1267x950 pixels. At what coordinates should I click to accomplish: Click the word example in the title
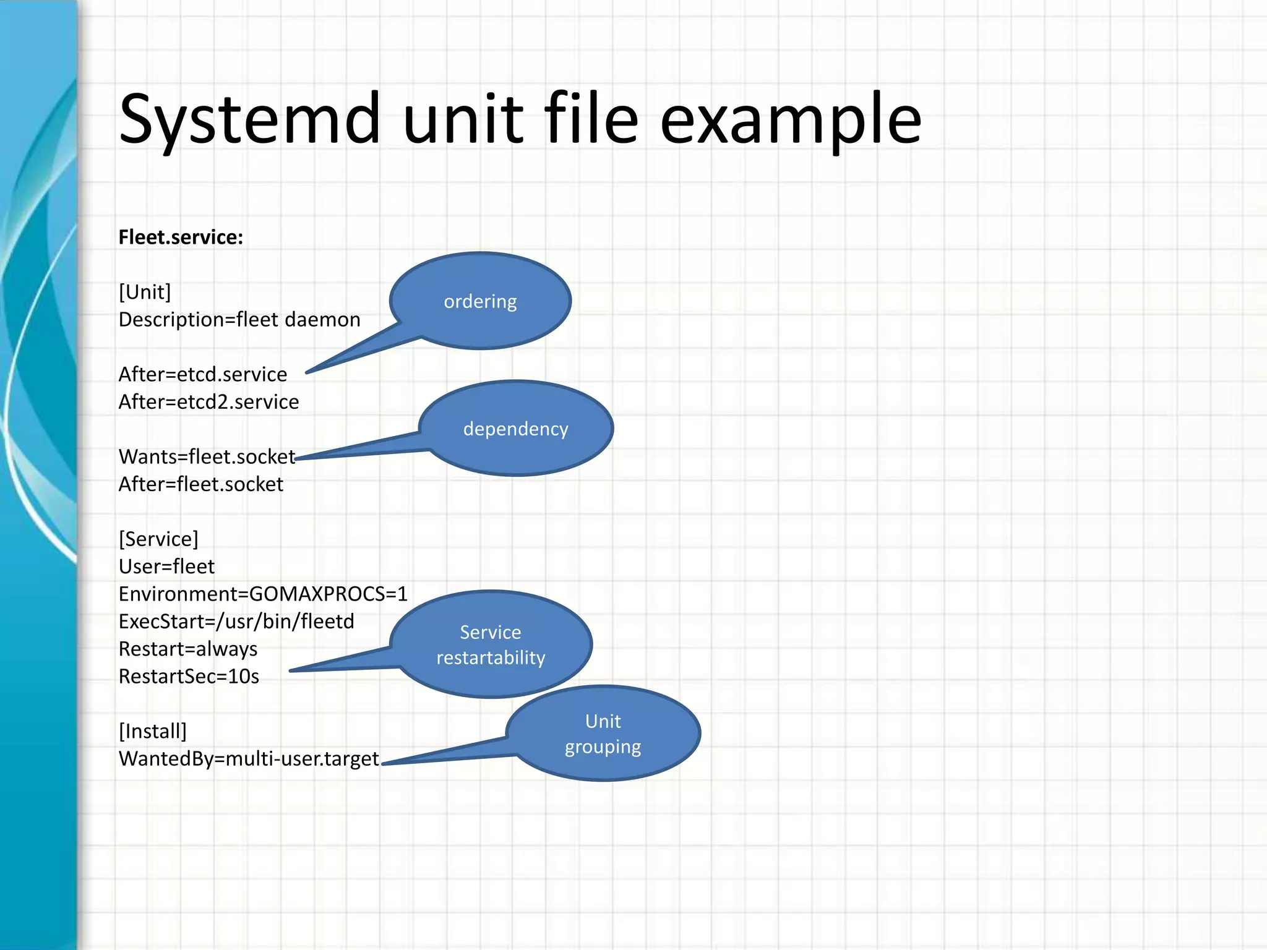790,119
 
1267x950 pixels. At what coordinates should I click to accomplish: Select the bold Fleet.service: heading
181,237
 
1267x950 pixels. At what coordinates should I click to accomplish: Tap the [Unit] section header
145,292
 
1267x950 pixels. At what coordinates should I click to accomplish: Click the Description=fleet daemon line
239,320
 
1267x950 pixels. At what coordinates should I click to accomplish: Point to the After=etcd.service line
203,375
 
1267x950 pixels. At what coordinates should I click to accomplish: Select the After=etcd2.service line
208,402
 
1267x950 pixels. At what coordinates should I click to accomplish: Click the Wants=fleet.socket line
207,457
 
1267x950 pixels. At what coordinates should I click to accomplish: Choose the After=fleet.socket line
200,484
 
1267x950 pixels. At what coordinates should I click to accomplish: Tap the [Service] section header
158,539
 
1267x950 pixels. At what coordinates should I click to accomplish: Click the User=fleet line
166,567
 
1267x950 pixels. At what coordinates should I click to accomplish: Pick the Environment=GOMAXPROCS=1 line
263,594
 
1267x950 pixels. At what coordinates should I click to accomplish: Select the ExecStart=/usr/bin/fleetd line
236,622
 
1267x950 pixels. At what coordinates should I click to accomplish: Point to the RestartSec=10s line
189,677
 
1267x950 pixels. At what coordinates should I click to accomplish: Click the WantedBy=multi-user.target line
249,759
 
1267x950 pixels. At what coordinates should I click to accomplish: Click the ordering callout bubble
480,301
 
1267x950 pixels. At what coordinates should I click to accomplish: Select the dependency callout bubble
516,429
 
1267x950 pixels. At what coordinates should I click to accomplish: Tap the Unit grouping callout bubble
603,734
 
